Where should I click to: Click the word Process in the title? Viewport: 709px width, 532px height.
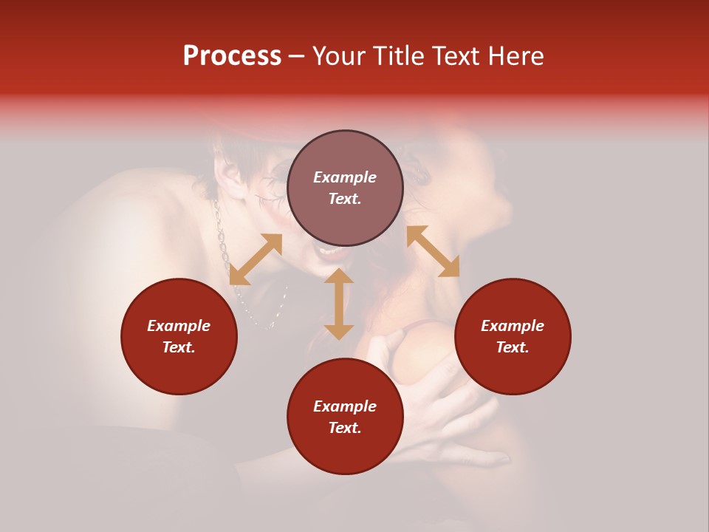coord(232,56)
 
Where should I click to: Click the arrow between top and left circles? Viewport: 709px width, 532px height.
coord(256,259)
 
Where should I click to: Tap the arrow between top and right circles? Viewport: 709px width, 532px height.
coord(433,251)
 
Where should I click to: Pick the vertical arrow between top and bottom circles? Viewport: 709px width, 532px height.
coord(339,304)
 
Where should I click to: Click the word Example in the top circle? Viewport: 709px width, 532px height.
coord(345,177)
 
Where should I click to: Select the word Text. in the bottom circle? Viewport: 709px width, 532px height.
coord(345,428)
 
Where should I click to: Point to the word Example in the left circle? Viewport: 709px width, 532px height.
coord(179,326)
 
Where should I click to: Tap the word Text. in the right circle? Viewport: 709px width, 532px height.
coord(513,347)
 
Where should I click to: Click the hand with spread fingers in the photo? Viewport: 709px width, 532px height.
coord(436,399)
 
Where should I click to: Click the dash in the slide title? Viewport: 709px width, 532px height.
coord(296,57)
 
